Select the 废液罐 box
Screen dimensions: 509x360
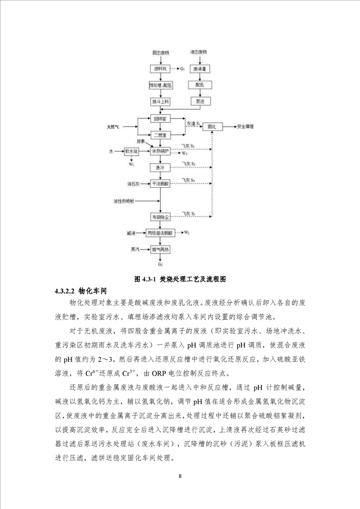(197, 69)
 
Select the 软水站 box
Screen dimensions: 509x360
(131, 151)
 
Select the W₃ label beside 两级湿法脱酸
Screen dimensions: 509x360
(187, 233)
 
